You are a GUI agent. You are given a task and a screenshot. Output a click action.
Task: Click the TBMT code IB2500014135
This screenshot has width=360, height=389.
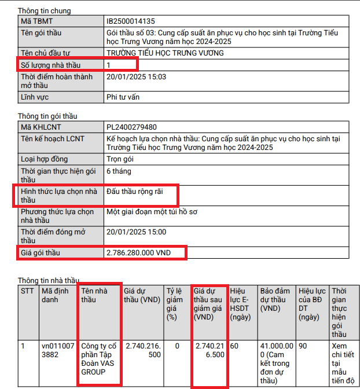pos(131,21)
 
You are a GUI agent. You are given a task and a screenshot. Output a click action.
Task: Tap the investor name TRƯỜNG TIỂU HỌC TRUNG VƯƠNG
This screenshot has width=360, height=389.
pos(165,53)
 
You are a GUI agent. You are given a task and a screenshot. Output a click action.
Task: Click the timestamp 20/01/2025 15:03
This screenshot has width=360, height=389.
pos(136,76)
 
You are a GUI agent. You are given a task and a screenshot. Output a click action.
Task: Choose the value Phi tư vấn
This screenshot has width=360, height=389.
pos(123,97)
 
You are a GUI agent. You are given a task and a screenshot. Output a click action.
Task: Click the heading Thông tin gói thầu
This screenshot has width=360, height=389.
pos(47,116)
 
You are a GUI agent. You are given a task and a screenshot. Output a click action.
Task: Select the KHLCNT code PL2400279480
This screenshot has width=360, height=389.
pos(131,127)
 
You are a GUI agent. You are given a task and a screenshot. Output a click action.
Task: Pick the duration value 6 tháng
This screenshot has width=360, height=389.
pos(119,171)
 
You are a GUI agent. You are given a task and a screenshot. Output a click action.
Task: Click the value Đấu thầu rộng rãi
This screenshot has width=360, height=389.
pos(135,191)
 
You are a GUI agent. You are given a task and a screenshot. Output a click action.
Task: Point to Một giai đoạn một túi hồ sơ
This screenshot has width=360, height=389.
pos(152,212)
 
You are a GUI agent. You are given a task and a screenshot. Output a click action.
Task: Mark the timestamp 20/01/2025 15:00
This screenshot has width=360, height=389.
pos(136,232)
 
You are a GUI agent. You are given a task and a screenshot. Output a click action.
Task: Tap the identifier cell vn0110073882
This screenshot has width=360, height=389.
pos(58,350)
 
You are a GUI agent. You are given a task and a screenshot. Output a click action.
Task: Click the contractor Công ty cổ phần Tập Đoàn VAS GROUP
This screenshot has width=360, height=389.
pos(98,360)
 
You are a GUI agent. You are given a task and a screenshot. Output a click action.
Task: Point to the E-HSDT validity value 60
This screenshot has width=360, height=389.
pos(234,346)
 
